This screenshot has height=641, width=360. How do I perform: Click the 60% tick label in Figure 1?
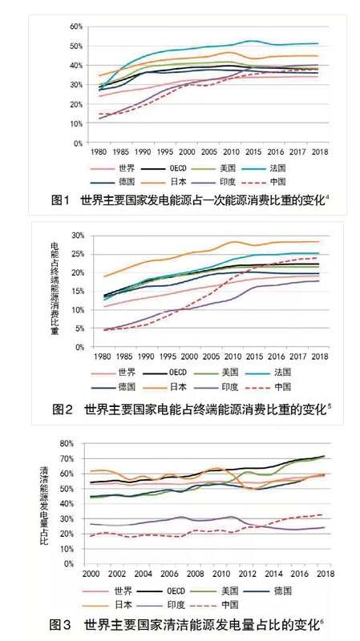coord(76,26)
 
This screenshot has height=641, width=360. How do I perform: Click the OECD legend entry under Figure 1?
coord(161,168)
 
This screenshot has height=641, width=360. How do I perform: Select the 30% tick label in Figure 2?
coord(77,236)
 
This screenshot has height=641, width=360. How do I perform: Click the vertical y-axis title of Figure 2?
coord(54,288)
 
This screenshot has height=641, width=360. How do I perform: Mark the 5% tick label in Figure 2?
coord(79,329)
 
